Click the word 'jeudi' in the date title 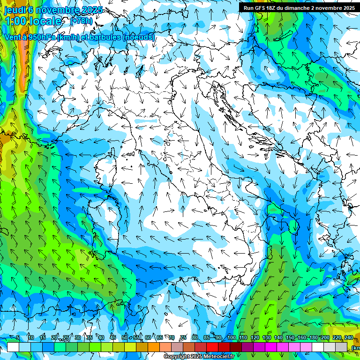point(15,10)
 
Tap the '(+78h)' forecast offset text point(81,21)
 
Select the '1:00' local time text point(15,21)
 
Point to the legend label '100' point(232,338)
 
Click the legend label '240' point(348,338)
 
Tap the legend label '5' point(18,338)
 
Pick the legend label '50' point(125,338)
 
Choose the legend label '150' point(290,338)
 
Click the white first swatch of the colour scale point(13,347)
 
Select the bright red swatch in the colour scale point(212,347)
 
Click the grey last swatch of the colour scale point(343,347)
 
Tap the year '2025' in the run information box point(347,8)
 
